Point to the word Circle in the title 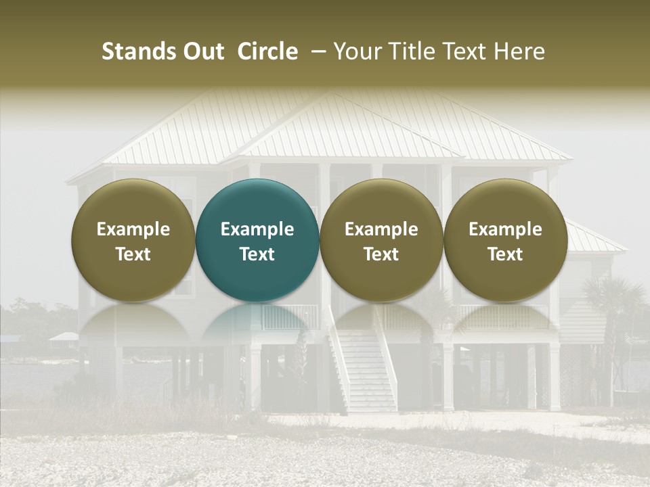(267, 51)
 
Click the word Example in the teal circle (257, 229)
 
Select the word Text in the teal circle (257, 254)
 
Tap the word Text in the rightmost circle (505, 254)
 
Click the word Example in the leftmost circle (133, 229)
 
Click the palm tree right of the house (613, 304)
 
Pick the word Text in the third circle (381, 254)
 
